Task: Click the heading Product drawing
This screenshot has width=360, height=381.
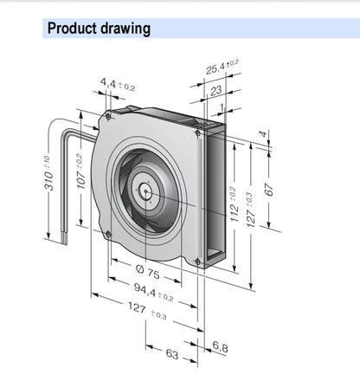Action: [x=99, y=29]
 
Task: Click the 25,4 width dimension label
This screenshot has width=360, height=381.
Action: [x=222, y=67]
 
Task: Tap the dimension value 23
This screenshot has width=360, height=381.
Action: [x=216, y=91]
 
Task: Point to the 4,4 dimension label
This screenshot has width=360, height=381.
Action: [x=118, y=84]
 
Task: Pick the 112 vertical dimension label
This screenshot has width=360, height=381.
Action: [x=234, y=205]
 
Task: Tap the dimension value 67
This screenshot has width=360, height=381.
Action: [x=269, y=190]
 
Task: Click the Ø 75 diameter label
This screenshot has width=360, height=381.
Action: [x=147, y=272]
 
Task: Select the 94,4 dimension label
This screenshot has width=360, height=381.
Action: [x=153, y=292]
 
